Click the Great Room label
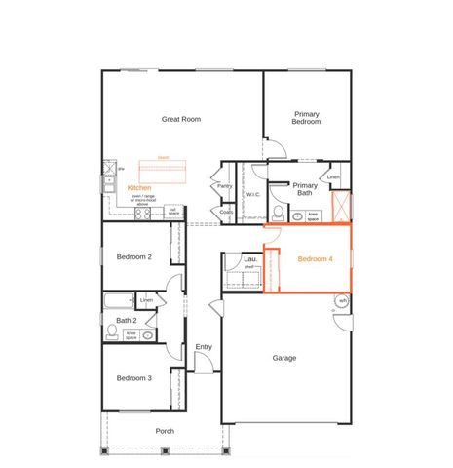181,118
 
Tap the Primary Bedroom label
307,117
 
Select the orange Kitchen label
139,187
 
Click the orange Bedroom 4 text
315,259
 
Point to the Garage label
284,358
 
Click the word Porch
166,430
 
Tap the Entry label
204,346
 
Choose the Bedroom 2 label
134,257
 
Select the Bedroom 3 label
133,378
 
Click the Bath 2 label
126,319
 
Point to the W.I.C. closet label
252,194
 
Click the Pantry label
225,185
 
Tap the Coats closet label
226,212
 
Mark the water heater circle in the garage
342,301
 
